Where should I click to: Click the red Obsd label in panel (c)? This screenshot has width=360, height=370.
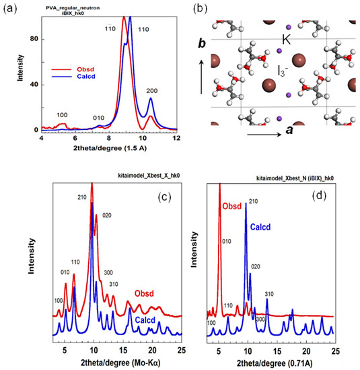coord(143,293)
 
